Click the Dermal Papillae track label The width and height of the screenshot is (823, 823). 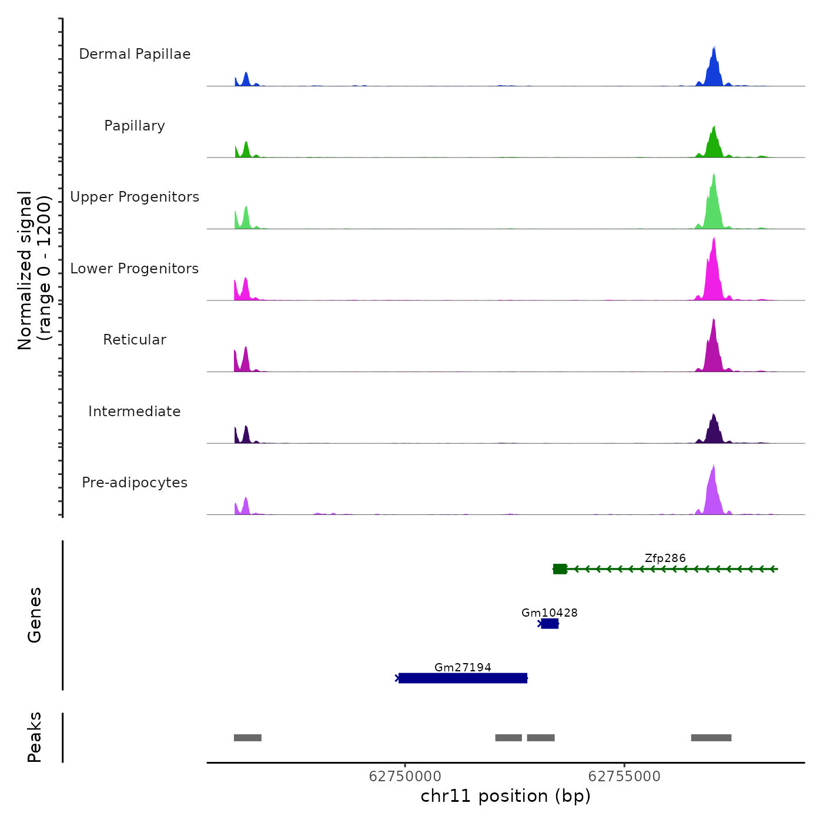coord(135,54)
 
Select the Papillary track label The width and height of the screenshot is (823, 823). coord(135,126)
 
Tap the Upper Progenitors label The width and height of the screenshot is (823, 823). coord(135,197)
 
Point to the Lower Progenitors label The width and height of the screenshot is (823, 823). coord(135,269)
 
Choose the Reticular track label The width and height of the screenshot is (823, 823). coord(135,340)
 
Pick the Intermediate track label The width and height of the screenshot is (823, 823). coord(135,411)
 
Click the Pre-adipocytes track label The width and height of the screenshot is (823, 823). coord(135,483)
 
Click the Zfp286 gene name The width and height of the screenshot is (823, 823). coord(665,558)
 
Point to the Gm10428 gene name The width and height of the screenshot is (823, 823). coord(550,613)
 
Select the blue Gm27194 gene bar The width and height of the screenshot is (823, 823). coord(463,678)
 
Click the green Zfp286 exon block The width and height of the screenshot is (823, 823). coord(560,569)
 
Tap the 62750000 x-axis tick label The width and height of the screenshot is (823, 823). coord(405,777)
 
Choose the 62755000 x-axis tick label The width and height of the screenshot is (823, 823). coord(624,777)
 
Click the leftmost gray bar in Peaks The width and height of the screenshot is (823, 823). coord(247,738)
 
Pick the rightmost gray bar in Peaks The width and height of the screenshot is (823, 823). coord(711,738)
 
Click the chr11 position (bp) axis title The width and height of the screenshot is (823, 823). coord(506,797)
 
